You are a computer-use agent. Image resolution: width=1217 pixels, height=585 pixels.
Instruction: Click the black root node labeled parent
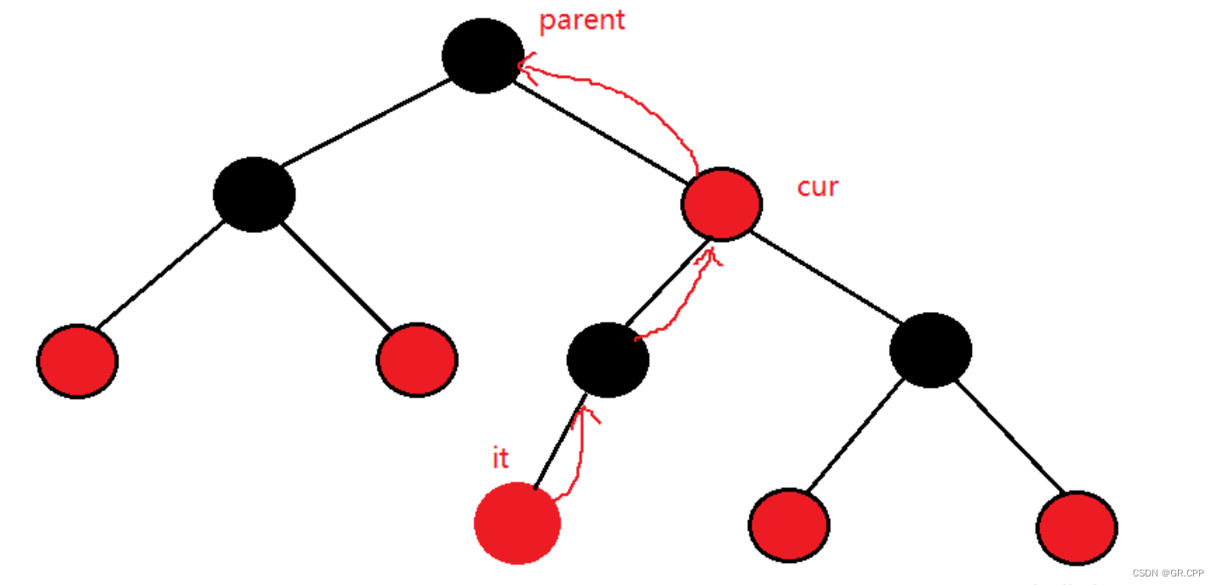483,55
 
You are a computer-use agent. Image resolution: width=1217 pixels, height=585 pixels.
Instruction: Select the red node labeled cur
721,203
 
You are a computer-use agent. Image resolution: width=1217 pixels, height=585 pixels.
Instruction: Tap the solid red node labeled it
517,523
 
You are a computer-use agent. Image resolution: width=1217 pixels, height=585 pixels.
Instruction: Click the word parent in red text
582,19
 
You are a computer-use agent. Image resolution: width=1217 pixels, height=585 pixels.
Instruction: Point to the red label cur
817,186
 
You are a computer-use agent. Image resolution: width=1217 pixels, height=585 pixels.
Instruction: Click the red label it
500,458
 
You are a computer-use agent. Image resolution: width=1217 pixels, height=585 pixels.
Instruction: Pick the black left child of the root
254,194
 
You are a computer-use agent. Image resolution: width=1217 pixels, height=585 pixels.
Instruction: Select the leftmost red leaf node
77,361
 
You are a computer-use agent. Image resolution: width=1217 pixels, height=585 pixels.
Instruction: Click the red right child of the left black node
417,360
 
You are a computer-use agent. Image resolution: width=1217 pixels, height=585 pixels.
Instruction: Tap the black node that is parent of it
608,360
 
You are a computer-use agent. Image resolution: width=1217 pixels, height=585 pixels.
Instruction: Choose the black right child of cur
930,350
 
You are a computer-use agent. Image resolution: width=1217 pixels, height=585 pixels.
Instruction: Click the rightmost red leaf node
1077,527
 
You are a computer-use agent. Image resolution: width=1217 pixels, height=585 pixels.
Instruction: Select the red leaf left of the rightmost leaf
789,525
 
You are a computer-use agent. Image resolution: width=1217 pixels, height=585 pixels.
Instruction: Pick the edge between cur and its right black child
826,276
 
